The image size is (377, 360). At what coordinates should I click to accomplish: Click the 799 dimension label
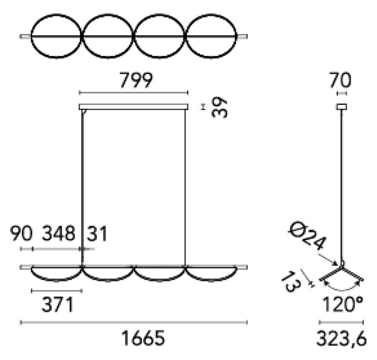click(136, 80)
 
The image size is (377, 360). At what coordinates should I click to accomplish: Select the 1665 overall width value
click(143, 338)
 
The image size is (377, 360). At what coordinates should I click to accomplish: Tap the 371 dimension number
click(57, 304)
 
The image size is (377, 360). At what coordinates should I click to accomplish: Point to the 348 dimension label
click(58, 233)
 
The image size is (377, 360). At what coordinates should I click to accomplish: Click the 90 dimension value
click(21, 233)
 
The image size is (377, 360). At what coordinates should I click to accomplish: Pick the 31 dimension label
click(97, 233)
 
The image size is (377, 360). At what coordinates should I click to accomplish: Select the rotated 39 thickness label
click(219, 107)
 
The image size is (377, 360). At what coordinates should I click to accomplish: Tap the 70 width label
click(341, 80)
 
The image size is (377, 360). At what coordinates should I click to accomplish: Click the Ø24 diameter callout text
click(307, 236)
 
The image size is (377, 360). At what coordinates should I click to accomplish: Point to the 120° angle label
click(342, 304)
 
